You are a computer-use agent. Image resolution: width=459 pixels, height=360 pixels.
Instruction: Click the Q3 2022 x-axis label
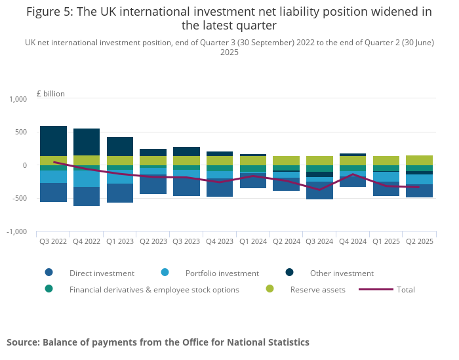click(x=53, y=241)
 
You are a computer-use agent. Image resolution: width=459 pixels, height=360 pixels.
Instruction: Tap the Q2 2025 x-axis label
click(x=419, y=241)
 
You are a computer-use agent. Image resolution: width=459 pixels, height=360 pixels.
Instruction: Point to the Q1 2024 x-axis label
click(x=253, y=241)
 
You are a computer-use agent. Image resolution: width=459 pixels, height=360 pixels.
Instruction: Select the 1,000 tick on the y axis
click(x=18, y=99)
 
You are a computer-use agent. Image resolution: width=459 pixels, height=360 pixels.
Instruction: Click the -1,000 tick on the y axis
click(x=16, y=231)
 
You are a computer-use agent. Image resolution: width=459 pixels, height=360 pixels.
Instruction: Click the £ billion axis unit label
click(x=50, y=94)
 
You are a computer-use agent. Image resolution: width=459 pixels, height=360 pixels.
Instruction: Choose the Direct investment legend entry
click(x=102, y=273)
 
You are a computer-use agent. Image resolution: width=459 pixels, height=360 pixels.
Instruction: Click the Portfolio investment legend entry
click(x=222, y=273)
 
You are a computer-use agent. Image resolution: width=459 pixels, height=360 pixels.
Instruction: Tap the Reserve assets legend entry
click(x=317, y=289)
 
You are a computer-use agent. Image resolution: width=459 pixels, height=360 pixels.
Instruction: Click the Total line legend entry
click(x=405, y=289)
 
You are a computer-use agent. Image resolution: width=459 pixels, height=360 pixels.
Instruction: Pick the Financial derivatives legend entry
click(x=155, y=289)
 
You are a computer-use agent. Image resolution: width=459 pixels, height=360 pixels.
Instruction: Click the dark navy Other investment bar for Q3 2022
click(x=53, y=141)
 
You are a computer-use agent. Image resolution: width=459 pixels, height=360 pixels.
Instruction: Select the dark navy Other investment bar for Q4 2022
click(x=87, y=142)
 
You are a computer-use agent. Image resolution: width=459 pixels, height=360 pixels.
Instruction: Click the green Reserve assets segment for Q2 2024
click(x=286, y=161)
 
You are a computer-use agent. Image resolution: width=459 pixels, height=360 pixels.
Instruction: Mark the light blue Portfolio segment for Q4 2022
click(x=87, y=178)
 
